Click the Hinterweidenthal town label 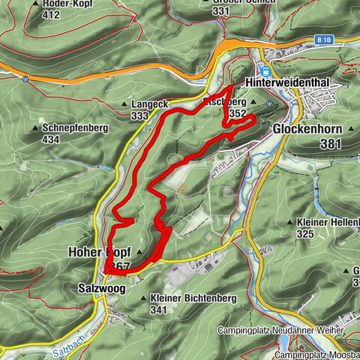tap(293, 81)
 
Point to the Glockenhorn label tap(307, 129)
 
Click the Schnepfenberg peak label tap(75, 128)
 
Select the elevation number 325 tap(305, 234)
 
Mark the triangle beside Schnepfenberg tap(36, 128)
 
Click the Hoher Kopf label tap(94, 251)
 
